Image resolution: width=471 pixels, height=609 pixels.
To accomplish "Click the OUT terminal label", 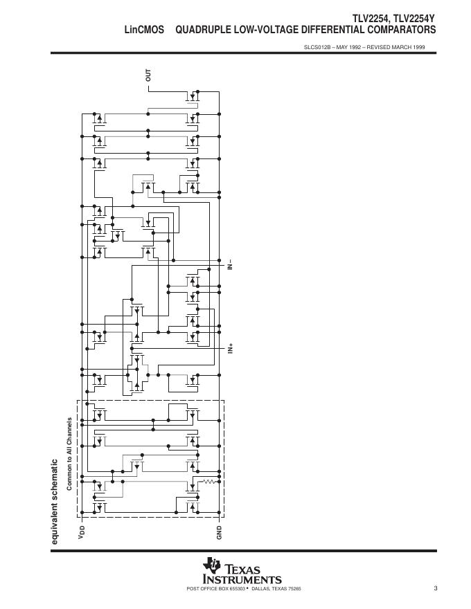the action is pos(148,75).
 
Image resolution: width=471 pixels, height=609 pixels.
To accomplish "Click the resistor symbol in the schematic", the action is pos(208,480).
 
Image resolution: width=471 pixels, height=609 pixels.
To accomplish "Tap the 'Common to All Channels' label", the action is pos(69,454).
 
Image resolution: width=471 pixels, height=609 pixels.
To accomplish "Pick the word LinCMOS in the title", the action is pos(144,30).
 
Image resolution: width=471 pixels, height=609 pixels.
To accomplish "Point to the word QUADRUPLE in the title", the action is pos(202,30).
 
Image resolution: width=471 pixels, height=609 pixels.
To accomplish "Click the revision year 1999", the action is pos(418,48).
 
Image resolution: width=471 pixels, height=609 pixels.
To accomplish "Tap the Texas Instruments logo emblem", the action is pos(212,565).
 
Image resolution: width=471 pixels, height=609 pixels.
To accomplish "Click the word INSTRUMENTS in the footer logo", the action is pos(242,579).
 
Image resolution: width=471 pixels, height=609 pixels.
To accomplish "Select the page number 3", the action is pos(436,589).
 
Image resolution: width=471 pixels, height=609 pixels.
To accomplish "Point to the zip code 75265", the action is pos(294,589).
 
